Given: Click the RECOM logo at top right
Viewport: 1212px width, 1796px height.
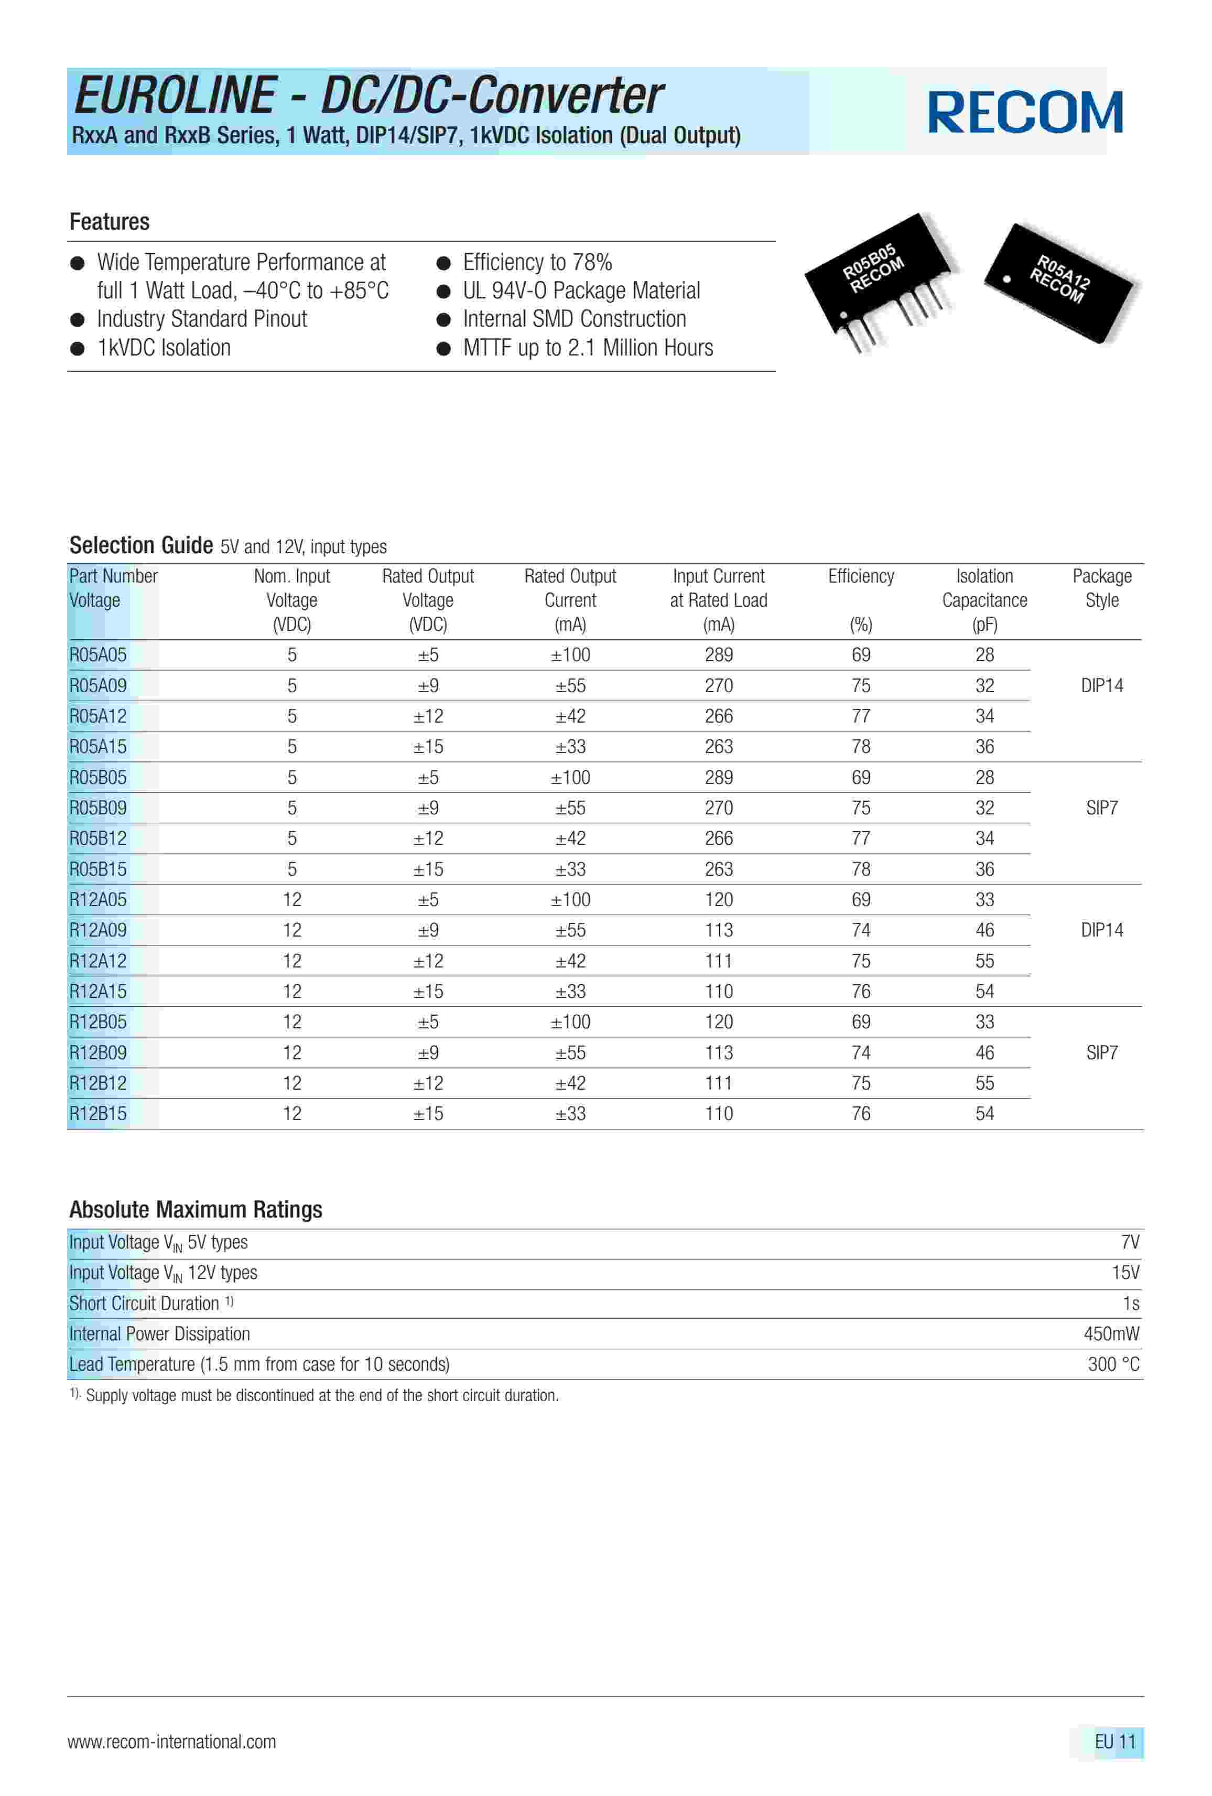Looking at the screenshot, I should click(x=1024, y=113).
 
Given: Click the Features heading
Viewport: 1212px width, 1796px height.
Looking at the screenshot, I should click(x=109, y=222).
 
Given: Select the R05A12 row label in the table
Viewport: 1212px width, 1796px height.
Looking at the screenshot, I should click(x=98, y=716).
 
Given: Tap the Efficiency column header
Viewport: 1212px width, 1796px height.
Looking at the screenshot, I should click(x=861, y=576).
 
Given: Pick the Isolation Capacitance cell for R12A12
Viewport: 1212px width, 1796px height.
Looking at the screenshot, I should click(x=984, y=961).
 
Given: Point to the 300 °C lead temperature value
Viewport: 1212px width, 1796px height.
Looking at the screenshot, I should click(x=1113, y=1365).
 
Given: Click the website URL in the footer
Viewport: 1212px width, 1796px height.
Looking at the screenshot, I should click(x=171, y=1742).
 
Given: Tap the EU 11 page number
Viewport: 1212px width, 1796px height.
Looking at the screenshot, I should click(x=1114, y=1742).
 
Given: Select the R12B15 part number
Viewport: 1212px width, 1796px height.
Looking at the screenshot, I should click(x=98, y=1114).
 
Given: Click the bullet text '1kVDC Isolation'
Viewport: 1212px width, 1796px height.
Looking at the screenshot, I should click(x=164, y=348).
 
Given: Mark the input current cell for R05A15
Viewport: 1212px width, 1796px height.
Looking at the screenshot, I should click(x=718, y=747).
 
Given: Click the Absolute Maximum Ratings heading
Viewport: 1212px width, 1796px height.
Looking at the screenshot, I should click(x=196, y=1209).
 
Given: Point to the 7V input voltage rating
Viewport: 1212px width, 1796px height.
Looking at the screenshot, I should click(x=1129, y=1242).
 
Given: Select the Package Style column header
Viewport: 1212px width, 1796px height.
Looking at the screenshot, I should click(x=1101, y=588).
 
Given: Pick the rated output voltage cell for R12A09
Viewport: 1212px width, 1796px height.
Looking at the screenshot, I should click(x=428, y=930).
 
